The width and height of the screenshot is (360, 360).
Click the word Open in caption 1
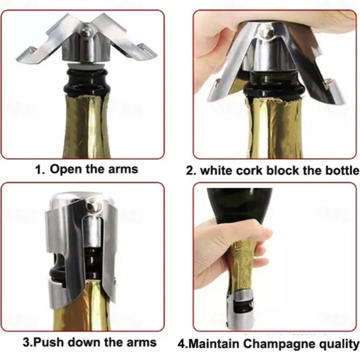64,169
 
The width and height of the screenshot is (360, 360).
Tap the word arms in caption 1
123,169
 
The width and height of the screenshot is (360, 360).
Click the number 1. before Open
39,169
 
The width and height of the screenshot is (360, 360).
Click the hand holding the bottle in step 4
224,248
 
